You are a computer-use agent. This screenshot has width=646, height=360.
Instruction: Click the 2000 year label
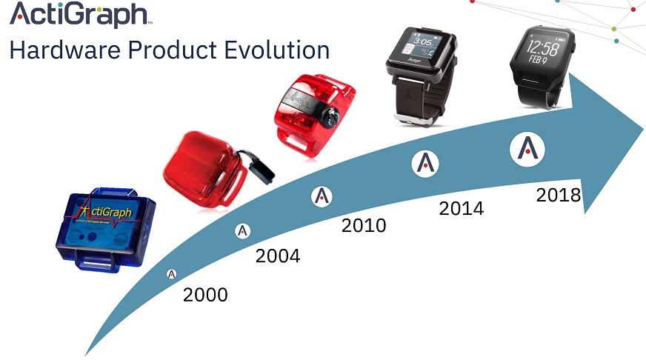coord(205,294)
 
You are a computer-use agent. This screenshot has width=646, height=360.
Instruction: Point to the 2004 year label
coord(278,256)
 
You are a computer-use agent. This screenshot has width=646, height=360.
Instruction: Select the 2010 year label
coord(364,225)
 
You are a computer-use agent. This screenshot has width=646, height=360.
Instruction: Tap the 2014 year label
coord(461,209)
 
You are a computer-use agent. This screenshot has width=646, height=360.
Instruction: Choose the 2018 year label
coord(559,196)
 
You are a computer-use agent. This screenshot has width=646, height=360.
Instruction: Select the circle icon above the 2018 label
coord(527,148)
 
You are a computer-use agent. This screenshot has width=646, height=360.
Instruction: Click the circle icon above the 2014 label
coord(425,163)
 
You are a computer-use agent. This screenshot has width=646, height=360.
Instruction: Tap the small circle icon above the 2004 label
coord(243,231)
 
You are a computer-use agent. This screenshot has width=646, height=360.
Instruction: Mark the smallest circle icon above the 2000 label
coord(172,274)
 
